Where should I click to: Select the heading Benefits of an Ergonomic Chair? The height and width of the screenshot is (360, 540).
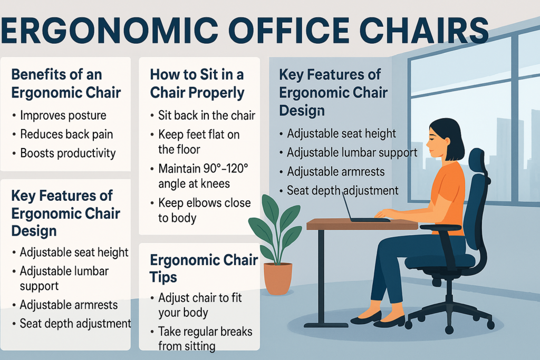66,83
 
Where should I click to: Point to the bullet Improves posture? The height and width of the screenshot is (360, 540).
63,115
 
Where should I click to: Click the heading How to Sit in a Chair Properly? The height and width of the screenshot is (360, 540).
197,84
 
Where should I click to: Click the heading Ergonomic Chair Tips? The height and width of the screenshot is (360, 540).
204,268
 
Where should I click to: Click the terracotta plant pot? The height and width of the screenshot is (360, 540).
277,278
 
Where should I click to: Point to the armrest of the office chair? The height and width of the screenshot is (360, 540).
440,228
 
